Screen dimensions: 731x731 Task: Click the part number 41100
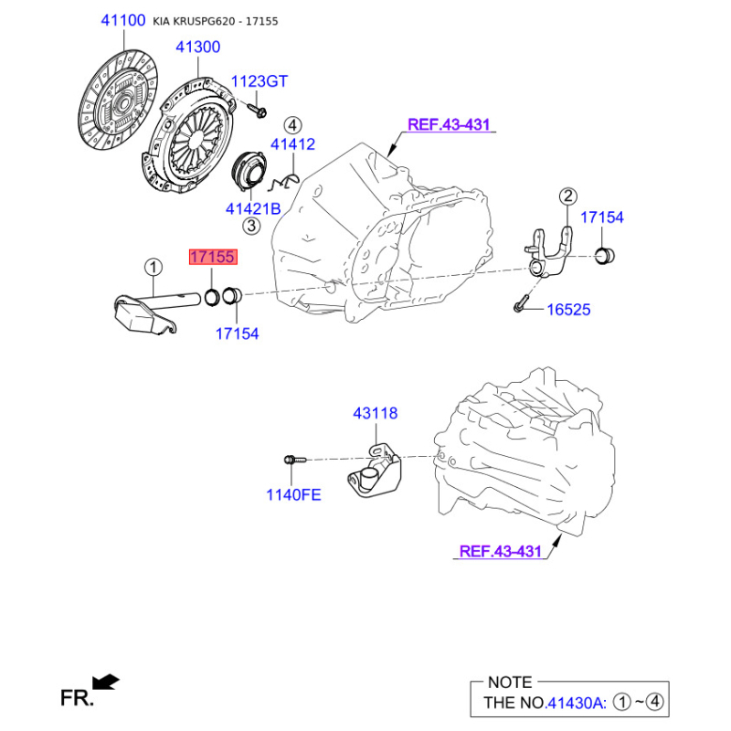[x=123, y=20]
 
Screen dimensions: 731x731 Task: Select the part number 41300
[x=197, y=47]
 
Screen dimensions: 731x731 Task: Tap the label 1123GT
[x=260, y=81]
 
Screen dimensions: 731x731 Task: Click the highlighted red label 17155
[x=213, y=257]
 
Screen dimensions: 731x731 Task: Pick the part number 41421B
[x=253, y=208]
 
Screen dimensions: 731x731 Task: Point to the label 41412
[x=292, y=144]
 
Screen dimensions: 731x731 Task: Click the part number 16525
[x=568, y=310]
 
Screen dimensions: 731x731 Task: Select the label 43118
[x=376, y=413]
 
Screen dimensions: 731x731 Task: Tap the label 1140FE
[x=293, y=494]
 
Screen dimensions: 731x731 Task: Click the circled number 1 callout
[x=154, y=268]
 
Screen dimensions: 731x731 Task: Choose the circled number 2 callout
[x=567, y=196]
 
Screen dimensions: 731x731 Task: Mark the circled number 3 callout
[x=251, y=226]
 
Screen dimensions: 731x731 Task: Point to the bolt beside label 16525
[x=521, y=302]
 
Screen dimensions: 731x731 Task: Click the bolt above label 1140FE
[x=295, y=461]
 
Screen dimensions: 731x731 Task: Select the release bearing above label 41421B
[x=249, y=170]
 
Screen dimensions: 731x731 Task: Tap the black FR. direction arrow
[x=106, y=682]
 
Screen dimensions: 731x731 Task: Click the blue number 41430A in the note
[x=576, y=702]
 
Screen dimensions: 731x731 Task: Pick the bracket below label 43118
[x=375, y=471]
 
